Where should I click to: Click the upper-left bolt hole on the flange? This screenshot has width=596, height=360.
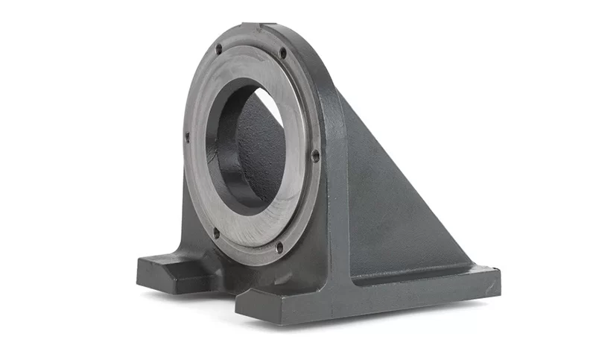point(218,50)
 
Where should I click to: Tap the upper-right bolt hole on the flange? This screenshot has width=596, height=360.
point(282,53)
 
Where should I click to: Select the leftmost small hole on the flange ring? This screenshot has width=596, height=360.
point(187,136)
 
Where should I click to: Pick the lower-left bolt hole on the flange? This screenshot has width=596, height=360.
point(217,233)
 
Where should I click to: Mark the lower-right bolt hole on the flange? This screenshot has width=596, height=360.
point(279,247)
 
